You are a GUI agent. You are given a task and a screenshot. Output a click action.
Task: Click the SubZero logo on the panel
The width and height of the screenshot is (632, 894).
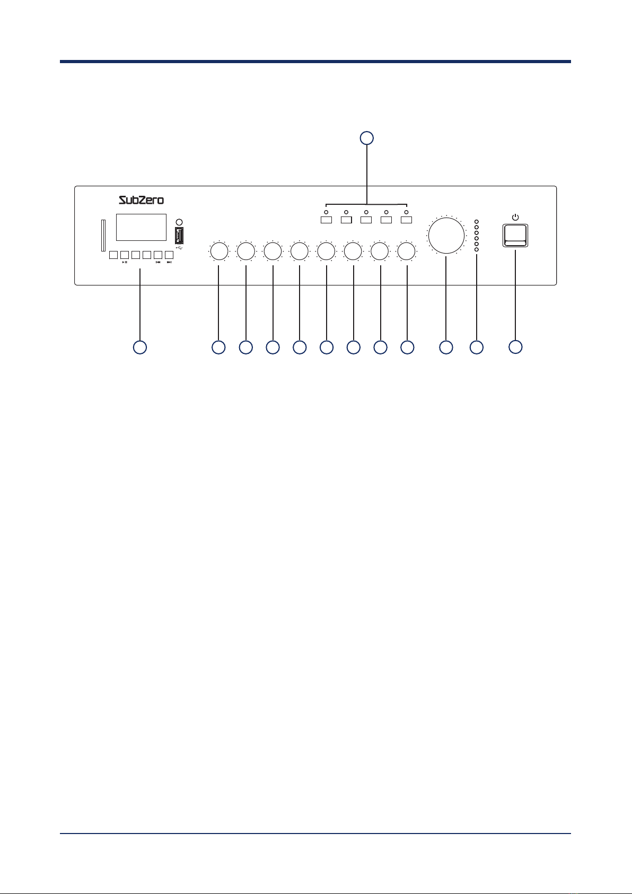point(141,200)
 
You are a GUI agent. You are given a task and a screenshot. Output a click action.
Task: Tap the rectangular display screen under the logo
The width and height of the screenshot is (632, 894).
point(141,227)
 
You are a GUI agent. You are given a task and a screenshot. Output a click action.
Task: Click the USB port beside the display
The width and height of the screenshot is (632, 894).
point(179,236)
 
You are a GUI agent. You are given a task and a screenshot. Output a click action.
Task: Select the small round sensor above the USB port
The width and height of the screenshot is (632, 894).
point(179,222)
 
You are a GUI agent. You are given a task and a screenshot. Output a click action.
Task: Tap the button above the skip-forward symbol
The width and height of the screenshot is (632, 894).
point(169,255)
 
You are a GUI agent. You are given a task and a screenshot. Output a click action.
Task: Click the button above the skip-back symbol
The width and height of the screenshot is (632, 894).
point(158,255)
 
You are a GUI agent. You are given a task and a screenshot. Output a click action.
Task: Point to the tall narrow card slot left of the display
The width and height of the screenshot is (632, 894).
point(103,235)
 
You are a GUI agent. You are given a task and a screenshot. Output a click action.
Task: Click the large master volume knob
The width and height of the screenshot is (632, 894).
point(446,236)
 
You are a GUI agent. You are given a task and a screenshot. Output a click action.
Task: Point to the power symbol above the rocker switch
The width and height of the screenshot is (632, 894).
point(515,218)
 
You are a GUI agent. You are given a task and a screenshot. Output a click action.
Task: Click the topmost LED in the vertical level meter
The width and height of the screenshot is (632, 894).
point(477,221)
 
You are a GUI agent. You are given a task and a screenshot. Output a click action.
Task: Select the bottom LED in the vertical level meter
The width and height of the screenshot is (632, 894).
point(477,250)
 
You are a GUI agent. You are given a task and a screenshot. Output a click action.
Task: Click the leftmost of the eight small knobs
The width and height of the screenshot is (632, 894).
point(219,251)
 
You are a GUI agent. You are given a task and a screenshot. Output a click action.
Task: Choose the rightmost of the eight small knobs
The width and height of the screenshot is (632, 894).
point(406,251)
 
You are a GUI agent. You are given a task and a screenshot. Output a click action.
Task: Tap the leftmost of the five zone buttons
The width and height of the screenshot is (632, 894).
point(326,220)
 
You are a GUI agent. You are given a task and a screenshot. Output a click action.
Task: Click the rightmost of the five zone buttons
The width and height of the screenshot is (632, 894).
point(406,220)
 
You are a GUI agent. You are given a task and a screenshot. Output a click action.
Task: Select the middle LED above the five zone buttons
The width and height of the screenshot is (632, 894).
point(366,212)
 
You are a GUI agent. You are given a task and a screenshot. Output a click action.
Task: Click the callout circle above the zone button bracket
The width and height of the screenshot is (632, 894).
point(367,138)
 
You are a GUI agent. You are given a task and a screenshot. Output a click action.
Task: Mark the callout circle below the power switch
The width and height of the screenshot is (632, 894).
point(515,347)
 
